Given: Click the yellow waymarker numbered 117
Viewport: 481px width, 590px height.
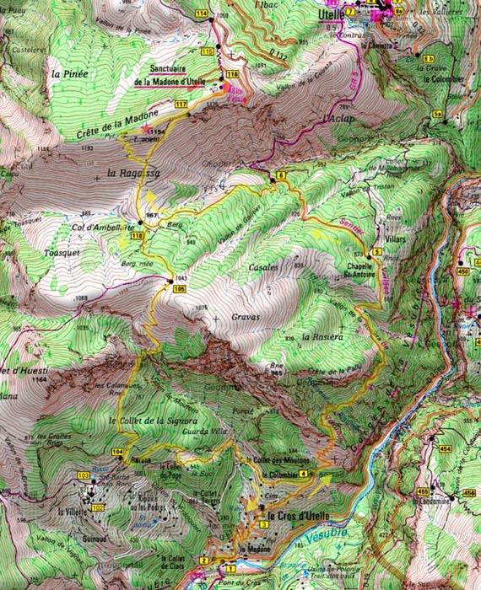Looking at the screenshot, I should tap(181, 104).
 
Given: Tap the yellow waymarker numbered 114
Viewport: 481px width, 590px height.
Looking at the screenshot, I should tap(201, 15).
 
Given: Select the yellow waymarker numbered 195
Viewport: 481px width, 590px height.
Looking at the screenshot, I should tap(179, 289).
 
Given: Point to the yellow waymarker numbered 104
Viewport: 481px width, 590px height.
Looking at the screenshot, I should tap(116, 453).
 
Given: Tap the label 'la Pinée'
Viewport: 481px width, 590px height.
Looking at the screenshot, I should tap(69, 74).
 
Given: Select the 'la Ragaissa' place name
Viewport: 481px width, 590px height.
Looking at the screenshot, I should tap(128, 174).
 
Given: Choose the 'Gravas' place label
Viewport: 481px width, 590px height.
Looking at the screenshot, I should tap(246, 319).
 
